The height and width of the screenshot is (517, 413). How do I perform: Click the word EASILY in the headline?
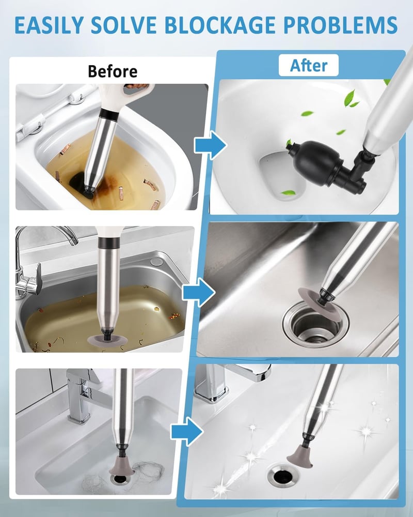(50, 25)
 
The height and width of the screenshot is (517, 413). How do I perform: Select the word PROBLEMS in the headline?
(340, 25)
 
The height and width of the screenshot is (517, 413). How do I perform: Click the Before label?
(113, 71)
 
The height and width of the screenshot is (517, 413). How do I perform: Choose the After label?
(309, 65)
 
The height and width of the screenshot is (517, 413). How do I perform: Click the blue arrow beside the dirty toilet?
(211, 145)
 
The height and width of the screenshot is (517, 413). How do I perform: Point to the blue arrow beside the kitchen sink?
(199, 292)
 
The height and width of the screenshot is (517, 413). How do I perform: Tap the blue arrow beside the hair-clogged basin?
(187, 431)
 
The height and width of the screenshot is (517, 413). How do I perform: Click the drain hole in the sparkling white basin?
(281, 475)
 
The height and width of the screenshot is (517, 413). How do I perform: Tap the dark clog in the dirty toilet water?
(80, 184)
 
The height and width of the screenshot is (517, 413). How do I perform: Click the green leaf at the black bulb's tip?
(289, 142)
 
